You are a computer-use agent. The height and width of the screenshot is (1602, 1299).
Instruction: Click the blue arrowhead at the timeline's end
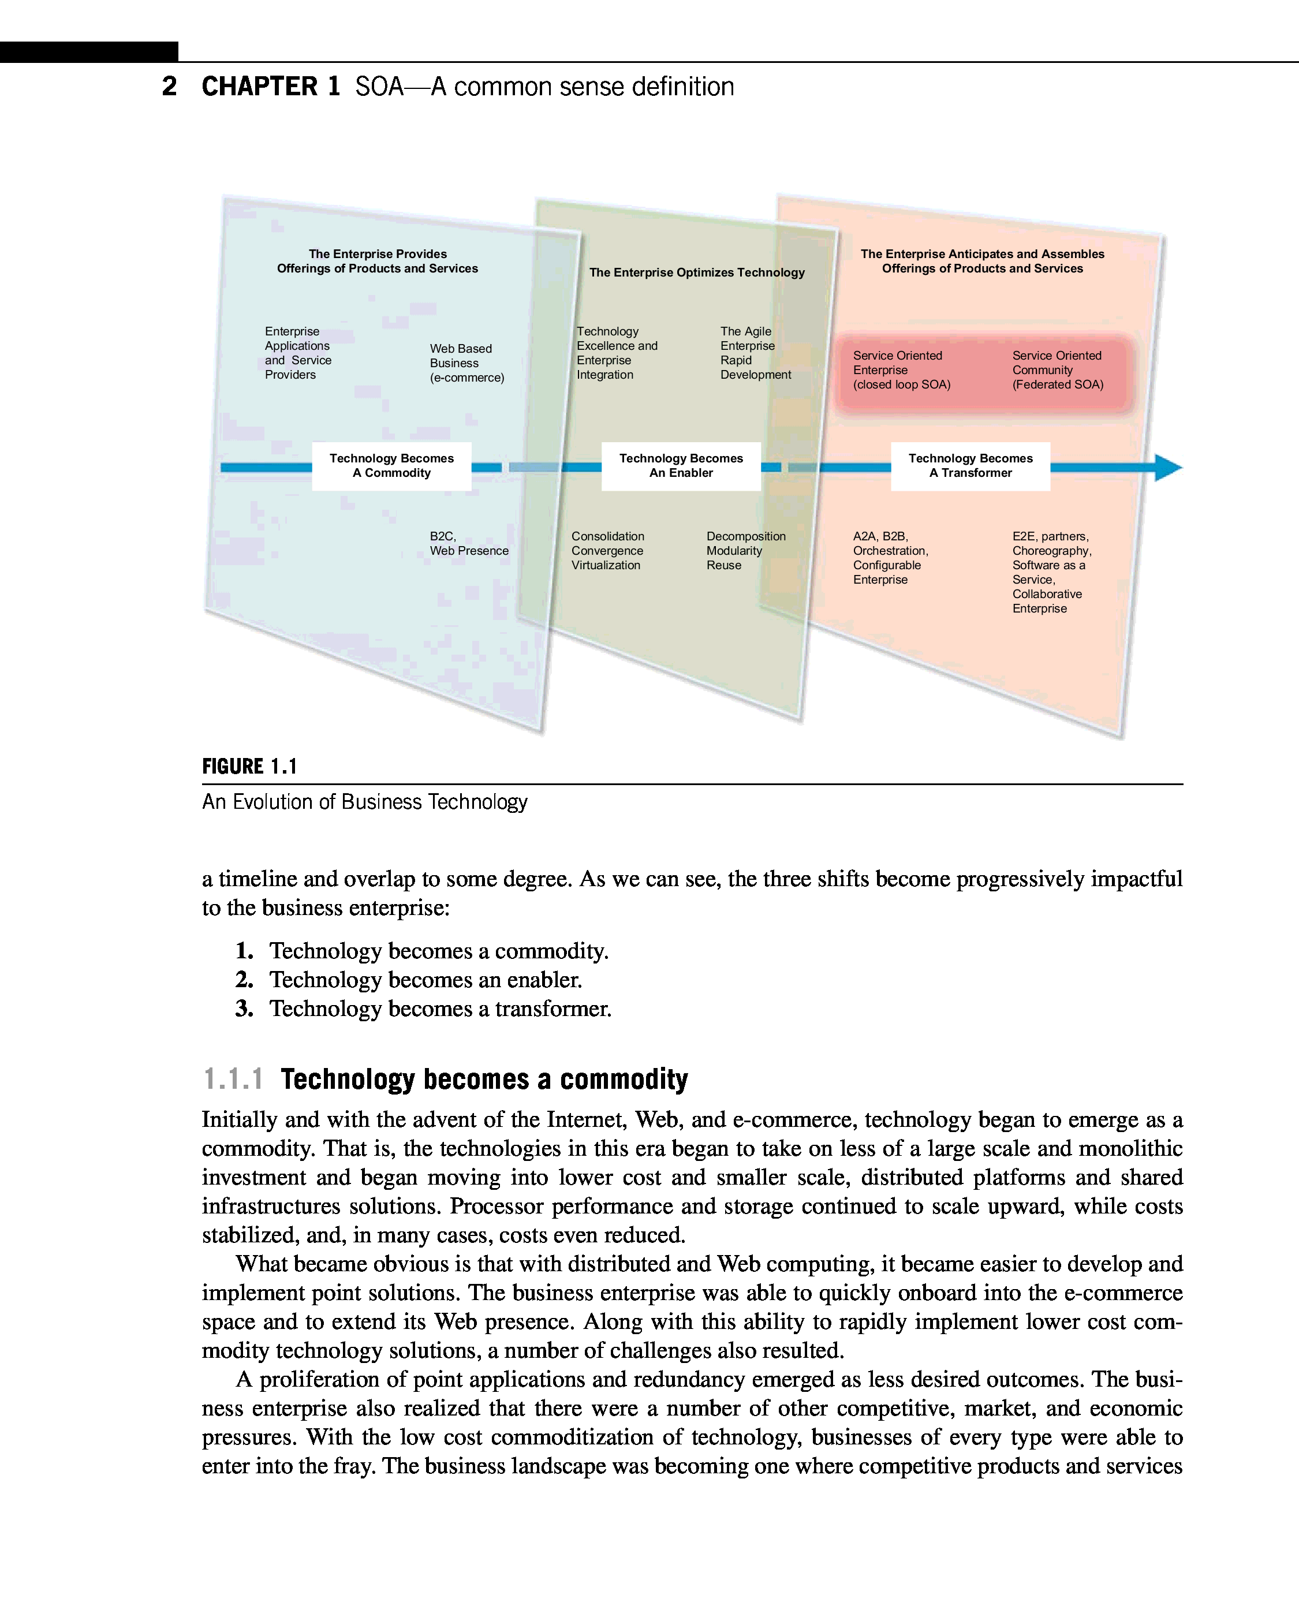[x=1167, y=468]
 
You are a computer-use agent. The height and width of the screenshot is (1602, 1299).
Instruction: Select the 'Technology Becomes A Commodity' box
[x=391, y=466]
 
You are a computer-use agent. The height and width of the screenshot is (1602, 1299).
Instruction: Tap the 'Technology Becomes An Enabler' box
[x=681, y=466]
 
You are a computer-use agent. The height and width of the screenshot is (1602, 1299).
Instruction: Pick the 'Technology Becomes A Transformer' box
[x=970, y=466]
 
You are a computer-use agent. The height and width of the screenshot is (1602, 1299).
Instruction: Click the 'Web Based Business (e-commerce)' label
[x=466, y=364]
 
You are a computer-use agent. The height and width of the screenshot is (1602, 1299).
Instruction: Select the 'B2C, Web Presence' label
[x=468, y=544]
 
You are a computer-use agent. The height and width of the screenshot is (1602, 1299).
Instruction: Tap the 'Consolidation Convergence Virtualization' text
[x=607, y=551]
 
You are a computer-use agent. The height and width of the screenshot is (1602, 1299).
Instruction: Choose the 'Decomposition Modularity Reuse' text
[x=745, y=551]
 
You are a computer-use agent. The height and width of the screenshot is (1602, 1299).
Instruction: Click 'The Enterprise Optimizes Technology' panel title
[x=697, y=273]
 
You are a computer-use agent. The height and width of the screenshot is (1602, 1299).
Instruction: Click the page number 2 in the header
[x=170, y=87]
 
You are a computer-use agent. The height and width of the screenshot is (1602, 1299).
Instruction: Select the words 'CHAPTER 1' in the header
[x=271, y=87]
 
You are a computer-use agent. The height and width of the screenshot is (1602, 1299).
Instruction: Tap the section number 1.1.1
[x=233, y=1080]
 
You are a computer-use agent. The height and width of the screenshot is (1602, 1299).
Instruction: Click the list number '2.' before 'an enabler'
[x=245, y=980]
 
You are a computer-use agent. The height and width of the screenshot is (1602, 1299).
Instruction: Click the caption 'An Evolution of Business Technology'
[x=364, y=802]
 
